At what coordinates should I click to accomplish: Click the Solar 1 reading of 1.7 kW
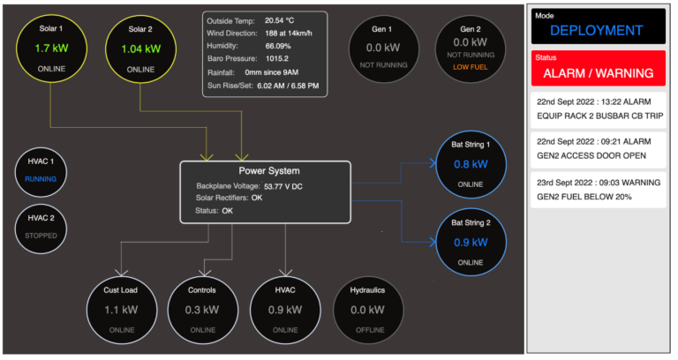tap(52, 49)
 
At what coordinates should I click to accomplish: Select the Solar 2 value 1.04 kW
tap(139, 49)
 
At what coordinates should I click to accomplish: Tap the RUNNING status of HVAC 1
tap(40, 178)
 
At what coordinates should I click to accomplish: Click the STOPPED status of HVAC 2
tap(40, 236)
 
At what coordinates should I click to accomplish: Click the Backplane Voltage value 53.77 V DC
tap(296, 187)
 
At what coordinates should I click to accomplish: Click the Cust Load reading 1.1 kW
tap(120, 310)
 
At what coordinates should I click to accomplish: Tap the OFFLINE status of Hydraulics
tap(369, 329)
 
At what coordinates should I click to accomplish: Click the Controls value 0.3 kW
tap(202, 310)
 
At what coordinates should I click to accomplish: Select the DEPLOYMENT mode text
tap(597, 30)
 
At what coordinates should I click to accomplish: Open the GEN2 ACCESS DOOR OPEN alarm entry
tap(597, 147)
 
